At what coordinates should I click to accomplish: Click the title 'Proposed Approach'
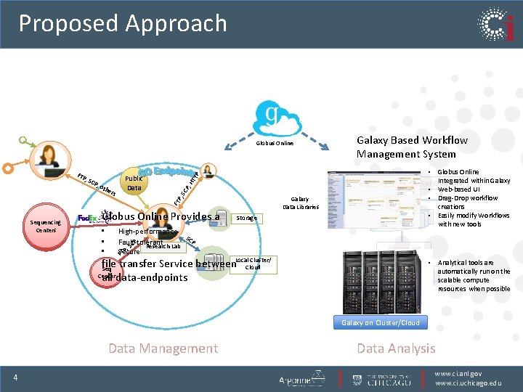point(123,23)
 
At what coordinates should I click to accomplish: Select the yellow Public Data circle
point(134,183)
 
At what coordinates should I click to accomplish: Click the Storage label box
point(247,218)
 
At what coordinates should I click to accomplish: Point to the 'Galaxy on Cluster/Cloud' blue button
point(381,322)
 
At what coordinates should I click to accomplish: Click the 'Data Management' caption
point(163,348)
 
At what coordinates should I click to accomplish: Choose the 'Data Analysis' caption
point(396,348)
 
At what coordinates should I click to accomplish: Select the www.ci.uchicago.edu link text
point(469,383)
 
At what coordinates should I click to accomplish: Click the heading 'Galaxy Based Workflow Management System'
point(411,147)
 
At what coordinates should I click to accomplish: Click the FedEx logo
point(86,218)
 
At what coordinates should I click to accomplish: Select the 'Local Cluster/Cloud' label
point(253,263)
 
